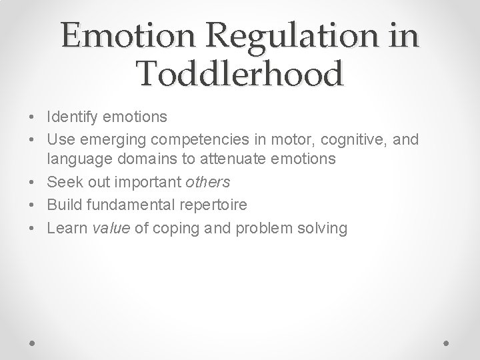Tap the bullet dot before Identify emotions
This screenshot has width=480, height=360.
click(x=33, y=118)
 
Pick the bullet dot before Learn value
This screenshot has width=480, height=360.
click(x=33, y=229)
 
